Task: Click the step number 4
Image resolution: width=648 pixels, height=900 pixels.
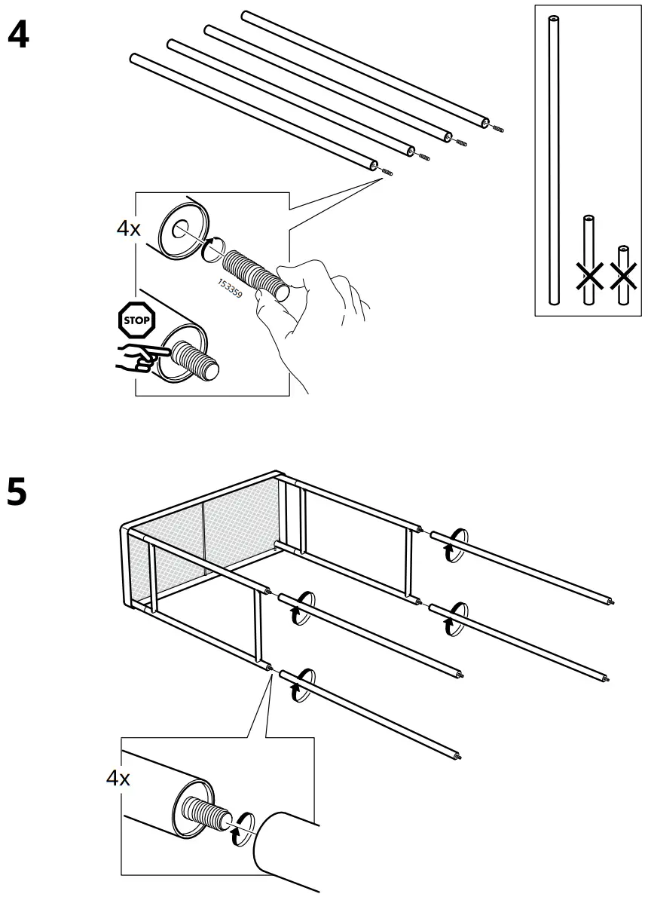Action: click(17, 35)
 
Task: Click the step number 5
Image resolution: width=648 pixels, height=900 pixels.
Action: click(17, 493)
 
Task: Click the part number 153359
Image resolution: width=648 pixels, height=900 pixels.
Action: click(230, 289)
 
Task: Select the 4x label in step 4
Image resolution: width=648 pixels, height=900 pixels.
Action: click(128, 228)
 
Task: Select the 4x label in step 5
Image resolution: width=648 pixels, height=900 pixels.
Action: click(118, 778)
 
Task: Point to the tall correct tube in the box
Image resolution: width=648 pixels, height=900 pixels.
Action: click(554, 151)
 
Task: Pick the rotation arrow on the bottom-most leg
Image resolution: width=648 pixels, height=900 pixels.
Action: click(299, 683)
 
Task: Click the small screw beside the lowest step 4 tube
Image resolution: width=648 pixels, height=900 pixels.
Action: click(388, 173)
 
